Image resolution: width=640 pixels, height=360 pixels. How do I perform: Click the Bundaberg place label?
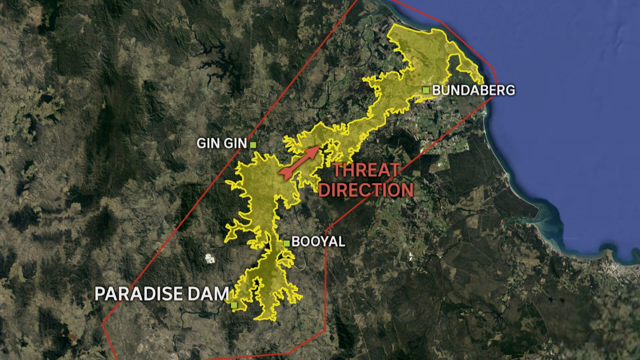point(473,90)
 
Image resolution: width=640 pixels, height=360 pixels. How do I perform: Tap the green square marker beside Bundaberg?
point(426,90)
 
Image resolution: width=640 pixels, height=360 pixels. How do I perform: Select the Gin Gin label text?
point(221,143)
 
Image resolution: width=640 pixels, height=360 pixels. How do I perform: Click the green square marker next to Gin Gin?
point(253,144)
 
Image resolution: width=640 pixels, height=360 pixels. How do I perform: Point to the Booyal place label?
point(318,242)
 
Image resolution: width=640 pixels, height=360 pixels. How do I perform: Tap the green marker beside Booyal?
point(286,243)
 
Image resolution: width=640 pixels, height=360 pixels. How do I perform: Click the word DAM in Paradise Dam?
point(208,294)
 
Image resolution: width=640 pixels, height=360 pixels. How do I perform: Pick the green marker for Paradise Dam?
point(234,305)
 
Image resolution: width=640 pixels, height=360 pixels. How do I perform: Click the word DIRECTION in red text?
point(366,190)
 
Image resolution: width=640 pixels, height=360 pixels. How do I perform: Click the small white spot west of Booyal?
point(209,258)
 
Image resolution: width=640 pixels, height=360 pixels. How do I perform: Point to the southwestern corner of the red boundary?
point(103,323)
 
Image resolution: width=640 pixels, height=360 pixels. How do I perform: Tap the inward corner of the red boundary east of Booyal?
point(326,230)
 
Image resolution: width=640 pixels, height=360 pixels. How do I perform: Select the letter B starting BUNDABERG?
point(436,90)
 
